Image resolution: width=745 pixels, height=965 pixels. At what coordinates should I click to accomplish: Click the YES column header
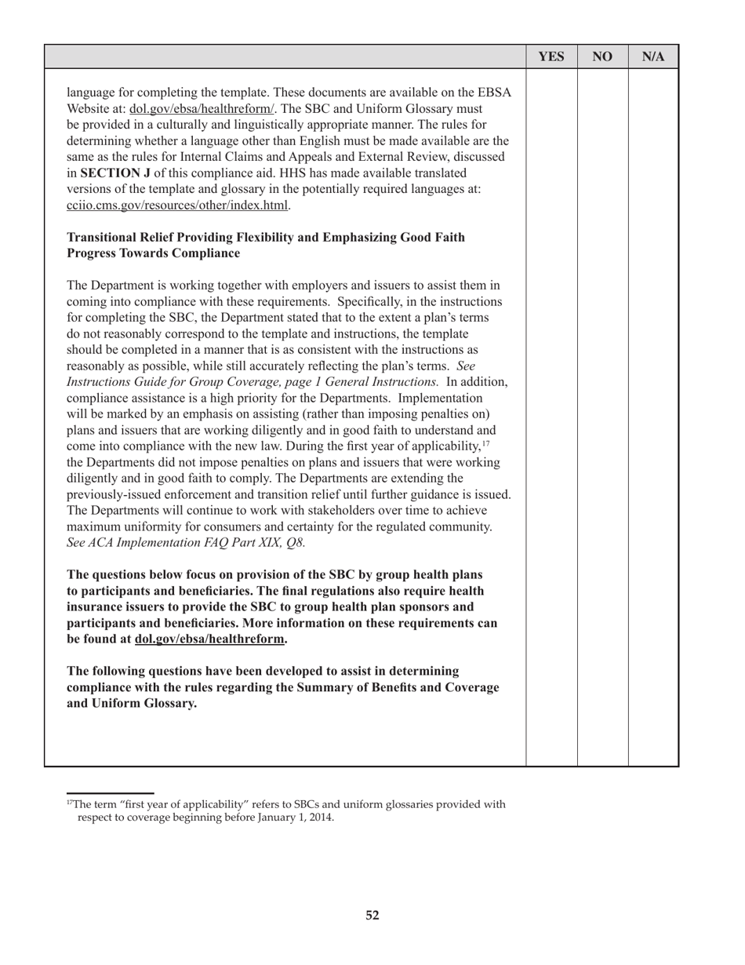[x=551, y=56]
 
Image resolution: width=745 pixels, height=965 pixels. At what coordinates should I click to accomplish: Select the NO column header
[x=602, y=56]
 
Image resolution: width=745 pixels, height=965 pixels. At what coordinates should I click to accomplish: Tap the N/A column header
[x=653, y=56]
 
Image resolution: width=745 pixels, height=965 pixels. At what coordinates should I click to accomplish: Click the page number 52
[x=372, y=915]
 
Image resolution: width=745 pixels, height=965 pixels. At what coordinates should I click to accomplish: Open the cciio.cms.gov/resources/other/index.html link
[x=178, y=206]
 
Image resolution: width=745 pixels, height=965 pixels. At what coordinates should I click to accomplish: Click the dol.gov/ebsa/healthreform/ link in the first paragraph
[x=202, y=109]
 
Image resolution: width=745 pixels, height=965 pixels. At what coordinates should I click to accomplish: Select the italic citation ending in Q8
[x=186, y=543]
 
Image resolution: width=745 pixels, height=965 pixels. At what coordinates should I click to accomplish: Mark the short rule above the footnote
[x=110, y=792]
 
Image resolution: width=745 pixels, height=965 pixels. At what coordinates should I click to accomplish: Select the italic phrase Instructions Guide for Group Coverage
[x=179, y=382]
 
